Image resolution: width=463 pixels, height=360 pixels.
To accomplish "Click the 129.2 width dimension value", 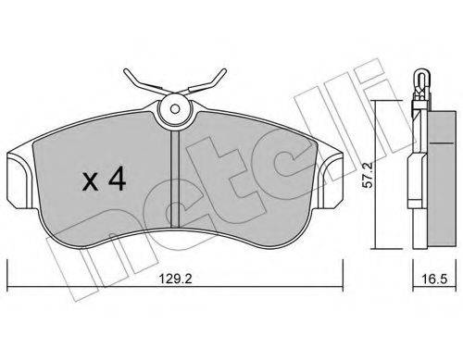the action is click(175, 279).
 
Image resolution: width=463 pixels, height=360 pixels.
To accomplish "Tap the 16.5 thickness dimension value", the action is click(435, 279).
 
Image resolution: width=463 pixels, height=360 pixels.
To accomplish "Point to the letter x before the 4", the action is click(91, 182).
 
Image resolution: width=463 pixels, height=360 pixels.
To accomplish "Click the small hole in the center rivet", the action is click(175, 109).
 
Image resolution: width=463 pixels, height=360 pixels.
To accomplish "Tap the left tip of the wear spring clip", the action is click(126, 71).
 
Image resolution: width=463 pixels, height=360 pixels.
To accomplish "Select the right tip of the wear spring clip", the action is click(224, 71).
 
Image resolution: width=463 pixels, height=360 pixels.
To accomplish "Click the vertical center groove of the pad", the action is click(175, 180).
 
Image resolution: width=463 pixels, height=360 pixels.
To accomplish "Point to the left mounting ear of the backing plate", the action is click(19, 181).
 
